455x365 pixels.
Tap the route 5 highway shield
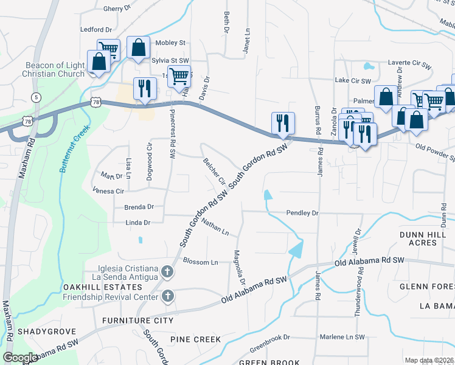(36, 97)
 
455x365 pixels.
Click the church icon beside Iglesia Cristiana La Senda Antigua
(168, 273)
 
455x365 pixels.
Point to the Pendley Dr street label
(303, 214)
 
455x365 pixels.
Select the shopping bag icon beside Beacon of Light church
(99, 62)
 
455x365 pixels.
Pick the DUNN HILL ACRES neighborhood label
(426, 238)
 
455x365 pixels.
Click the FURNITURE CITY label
(137, 321)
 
